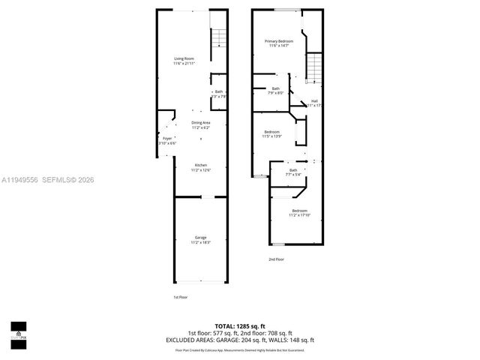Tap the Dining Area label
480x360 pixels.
point(200,122)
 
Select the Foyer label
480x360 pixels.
point(166,138)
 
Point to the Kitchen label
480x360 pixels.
point(200,165)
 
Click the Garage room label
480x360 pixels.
point(200,238)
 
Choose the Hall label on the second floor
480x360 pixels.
point(314,100)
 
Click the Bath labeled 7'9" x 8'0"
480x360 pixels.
point(275,89)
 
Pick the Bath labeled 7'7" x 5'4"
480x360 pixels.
point(293,170)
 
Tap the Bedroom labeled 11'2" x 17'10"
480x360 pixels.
point(299,211)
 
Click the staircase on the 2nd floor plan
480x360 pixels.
point(314,69)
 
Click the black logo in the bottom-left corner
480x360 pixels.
point(18,331)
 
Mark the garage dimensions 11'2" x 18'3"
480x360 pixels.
point(200,243)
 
